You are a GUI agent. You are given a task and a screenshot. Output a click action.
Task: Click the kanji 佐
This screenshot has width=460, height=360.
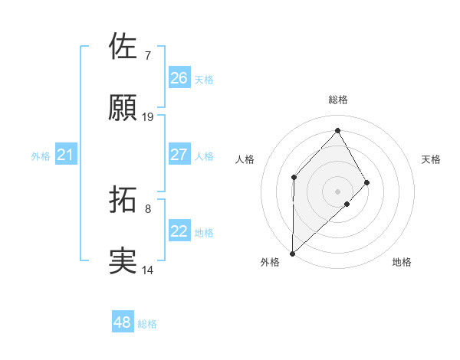pos(123,47)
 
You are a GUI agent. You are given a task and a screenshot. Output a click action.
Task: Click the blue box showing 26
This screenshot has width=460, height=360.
pos(179,78)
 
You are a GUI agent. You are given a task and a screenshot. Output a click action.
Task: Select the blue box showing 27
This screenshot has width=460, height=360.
pos(179,155)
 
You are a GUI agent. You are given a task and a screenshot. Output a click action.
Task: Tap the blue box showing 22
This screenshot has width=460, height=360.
pos(179,231)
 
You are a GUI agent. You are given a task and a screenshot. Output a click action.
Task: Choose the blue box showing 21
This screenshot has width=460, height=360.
pos(65,155)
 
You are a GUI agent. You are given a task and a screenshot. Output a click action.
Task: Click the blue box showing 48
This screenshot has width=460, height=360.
pos(123,322)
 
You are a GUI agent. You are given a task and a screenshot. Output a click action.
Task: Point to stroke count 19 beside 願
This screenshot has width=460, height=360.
pos(148,117)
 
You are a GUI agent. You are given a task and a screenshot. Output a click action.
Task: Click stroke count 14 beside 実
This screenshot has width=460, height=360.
pos(148,270)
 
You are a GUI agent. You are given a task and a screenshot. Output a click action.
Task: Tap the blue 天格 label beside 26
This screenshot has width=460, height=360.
pos(204,79)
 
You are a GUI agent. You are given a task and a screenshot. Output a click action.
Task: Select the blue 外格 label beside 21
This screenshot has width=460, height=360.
pos(41,156)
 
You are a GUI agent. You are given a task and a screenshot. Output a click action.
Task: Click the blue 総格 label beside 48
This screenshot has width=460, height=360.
pos(147,324)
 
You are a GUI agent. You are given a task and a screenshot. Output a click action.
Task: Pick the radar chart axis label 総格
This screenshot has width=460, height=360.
pos(338,100)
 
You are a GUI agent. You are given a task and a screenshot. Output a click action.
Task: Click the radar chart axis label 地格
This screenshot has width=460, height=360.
pos(402,262)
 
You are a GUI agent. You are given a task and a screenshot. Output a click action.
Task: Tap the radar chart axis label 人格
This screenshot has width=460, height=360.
pos(245,159)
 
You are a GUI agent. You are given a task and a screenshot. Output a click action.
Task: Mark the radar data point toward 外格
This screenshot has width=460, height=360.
pos(292,253)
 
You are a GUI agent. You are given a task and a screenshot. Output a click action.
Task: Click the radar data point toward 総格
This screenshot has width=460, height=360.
pos(338,130)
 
